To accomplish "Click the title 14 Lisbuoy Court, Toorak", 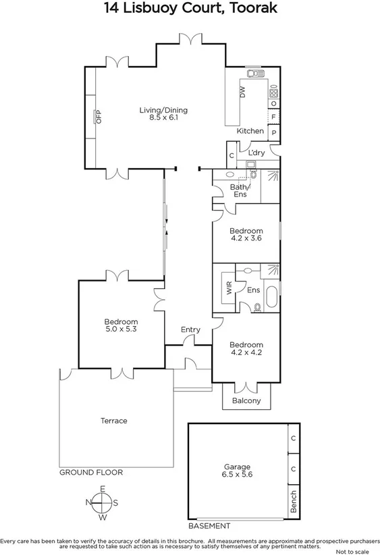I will [x=190, y=9].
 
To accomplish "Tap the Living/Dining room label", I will [x=163, y=114].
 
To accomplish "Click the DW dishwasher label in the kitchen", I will [x=242, y=92].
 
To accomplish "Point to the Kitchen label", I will [x=249, y=131].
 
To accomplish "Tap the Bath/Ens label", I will [x=240, y=190].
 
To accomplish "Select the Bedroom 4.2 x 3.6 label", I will [x=246, y=234].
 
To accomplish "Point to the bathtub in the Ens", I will [x=271, y=296].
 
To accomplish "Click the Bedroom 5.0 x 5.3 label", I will [x=121, y=325].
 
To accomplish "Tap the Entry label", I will [x=190, y=329].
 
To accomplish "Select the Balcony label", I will [x=246, y=401].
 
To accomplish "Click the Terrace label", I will [x=114, y=421].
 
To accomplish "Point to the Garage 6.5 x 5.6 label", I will [x=237, y=471].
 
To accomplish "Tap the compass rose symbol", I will [x=103, y=502].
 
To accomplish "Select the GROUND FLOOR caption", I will [x=91, y=473].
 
